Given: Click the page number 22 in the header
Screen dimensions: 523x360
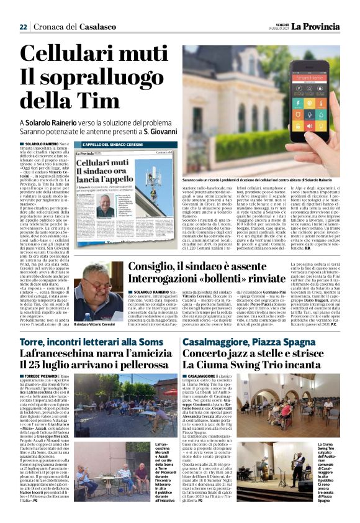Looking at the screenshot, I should click(23, 27).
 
